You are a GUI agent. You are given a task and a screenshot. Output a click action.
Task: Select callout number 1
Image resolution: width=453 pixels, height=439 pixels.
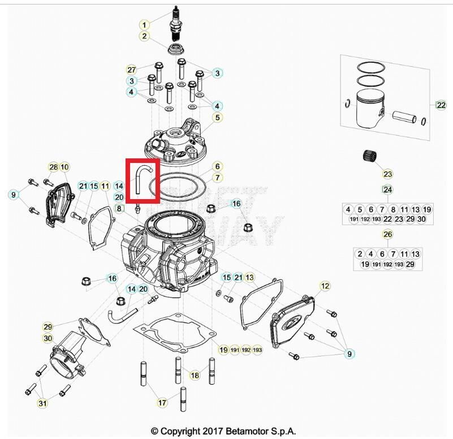(x=144, y=25)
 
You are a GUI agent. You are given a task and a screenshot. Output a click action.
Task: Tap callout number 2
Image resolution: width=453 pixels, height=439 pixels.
(x=144, y=36)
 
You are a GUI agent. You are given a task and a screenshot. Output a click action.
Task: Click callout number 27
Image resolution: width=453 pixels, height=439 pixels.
(x=131, y=70)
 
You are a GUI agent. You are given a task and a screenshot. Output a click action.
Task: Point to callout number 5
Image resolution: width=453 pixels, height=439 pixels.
(x=216, y=118)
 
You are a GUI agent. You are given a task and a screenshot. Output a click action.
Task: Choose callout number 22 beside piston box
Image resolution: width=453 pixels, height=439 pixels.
(x=441, y=105)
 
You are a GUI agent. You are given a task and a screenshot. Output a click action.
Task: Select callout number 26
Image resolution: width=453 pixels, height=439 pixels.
(x=387, y=234)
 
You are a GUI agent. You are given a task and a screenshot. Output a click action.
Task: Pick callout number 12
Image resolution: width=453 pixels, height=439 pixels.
(x=325, y=287)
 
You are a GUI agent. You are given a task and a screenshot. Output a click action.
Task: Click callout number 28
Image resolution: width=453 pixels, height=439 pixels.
(x=53, y=167)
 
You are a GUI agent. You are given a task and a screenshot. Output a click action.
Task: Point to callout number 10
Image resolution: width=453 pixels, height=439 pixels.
(x=64, y=167)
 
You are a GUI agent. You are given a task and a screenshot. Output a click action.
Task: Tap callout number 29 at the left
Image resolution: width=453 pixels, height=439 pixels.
(x=48, y=327)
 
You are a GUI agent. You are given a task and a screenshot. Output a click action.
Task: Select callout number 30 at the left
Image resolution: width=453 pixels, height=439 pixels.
(x=48, y=338)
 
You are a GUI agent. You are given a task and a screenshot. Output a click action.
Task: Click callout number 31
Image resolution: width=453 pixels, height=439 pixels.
(x=42, y=403)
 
